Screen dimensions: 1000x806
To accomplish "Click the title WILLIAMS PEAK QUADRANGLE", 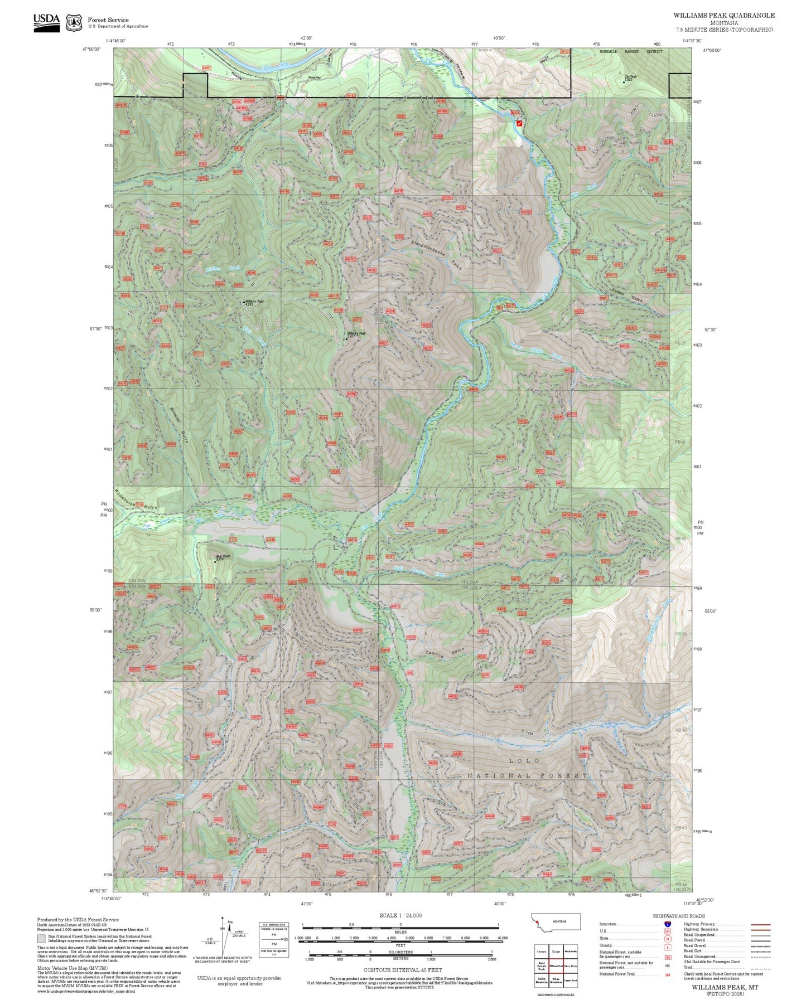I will click(723, 16).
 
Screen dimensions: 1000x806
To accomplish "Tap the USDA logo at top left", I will click(46, 22).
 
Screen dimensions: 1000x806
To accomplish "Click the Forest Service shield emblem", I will click(74, 23).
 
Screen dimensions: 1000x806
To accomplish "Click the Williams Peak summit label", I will click(356, 334).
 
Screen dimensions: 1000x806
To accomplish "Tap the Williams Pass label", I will click(254, 302).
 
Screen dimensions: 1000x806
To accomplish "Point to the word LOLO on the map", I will click(524, 760).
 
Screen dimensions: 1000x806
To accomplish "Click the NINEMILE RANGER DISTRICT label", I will click(631, 51).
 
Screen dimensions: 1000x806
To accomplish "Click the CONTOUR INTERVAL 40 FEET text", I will click(399, 970).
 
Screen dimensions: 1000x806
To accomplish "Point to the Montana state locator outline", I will click(556, 921).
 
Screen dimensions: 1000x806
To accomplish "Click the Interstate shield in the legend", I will click(668, 924).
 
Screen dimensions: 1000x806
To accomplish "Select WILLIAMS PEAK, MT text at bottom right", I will click(725, 987).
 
